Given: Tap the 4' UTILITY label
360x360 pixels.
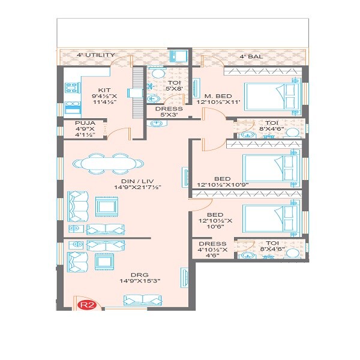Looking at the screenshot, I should pos(96,55).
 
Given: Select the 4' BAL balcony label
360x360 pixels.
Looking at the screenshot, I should pos(251,56).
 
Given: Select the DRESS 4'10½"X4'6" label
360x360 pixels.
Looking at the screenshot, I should pos(212,249).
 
